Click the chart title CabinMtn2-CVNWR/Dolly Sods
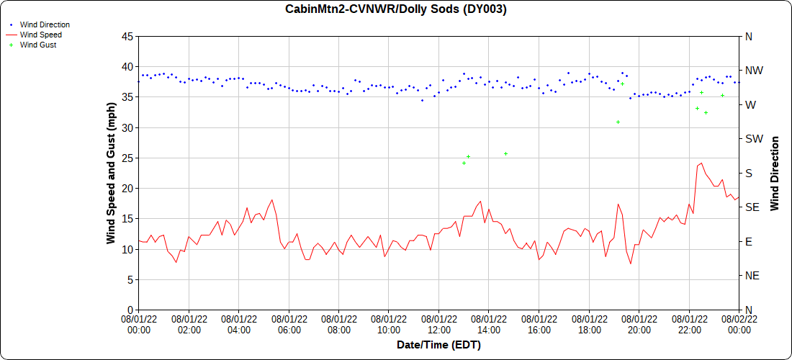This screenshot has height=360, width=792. [396, 9]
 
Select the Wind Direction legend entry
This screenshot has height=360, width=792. [45, 24]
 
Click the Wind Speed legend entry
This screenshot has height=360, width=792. [40, 35]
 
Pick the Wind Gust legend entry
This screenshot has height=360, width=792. [38, 45]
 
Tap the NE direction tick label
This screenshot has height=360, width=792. [751, 276]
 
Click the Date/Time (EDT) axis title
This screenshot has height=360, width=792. [438, 345]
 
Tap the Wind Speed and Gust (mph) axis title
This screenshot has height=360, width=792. [111, 173]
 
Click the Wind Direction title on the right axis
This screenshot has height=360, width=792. [775, 173]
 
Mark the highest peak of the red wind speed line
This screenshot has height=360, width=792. [701, 163]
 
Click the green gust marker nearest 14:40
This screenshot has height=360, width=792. [505, 153]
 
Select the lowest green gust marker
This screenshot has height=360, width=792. [464, 163]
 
